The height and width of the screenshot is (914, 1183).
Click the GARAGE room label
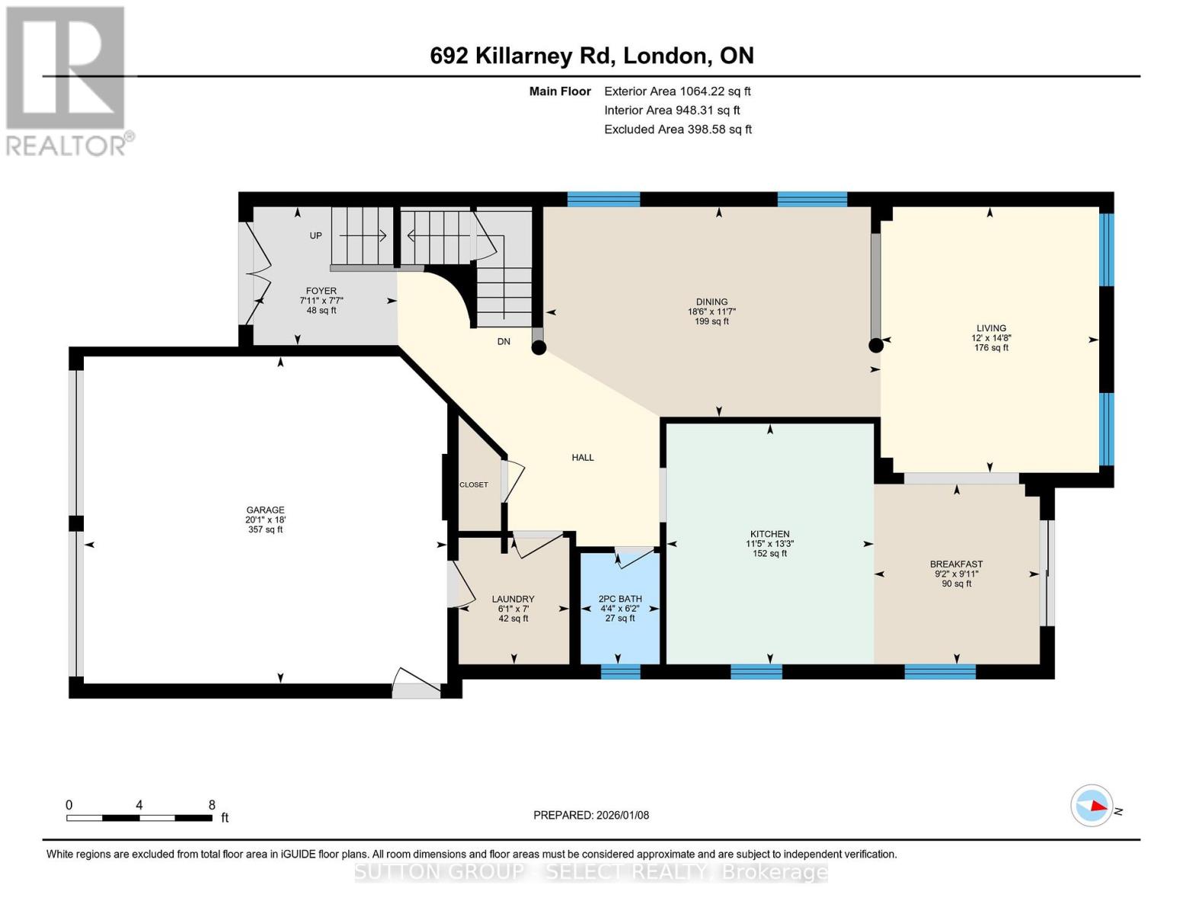tap(265, 510)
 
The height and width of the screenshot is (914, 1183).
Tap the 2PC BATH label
tap(620, 599)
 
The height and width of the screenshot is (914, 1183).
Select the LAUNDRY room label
tap(513, 599)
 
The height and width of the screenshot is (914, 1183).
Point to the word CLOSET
tap(474, 485)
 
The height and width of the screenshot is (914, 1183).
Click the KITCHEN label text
tap(769, 534)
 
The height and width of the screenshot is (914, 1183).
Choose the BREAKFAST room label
tap(956, 564)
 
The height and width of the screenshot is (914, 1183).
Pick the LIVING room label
tap(991, 328)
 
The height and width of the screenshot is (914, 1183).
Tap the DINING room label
tap(711, 302)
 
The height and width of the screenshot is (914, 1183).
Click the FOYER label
tap(321, 291)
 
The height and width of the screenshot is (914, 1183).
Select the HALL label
tap(583, 458)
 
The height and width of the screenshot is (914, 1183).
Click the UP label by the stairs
tap(316, 236)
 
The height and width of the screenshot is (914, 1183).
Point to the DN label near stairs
tap(504, 342)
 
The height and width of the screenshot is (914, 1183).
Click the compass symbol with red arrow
tap(1092, 805)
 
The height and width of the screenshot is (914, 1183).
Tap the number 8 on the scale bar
tap(212, 805)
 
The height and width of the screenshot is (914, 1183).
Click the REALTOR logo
tap(67, 80)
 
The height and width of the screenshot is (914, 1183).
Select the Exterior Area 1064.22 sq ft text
tap(677, 91)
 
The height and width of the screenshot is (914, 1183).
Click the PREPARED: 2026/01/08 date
tap(591, 815)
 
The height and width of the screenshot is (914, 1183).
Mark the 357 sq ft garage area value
tap(265, 530)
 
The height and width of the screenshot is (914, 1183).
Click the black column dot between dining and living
tap(876, 345)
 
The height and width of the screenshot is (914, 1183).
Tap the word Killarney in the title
tap(545, 56)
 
